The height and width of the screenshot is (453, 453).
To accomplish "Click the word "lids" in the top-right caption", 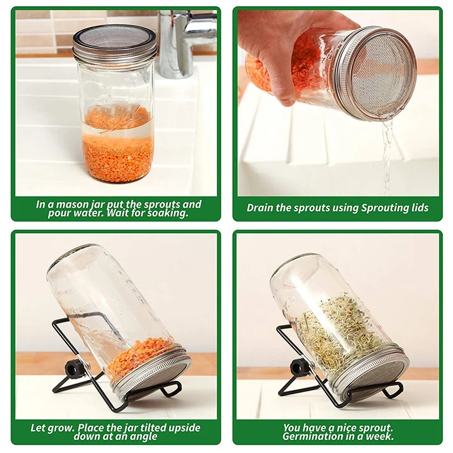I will click(x=417, y=208).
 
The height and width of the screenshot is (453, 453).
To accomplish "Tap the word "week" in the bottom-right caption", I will click(x=379, y=437).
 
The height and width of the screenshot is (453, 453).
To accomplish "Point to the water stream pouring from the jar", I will click(x=387, y=153).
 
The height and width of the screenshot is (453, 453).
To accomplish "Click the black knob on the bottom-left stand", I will click(x=75, y=369).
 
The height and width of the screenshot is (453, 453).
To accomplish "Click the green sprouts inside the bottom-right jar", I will click(x=334, y=331).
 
